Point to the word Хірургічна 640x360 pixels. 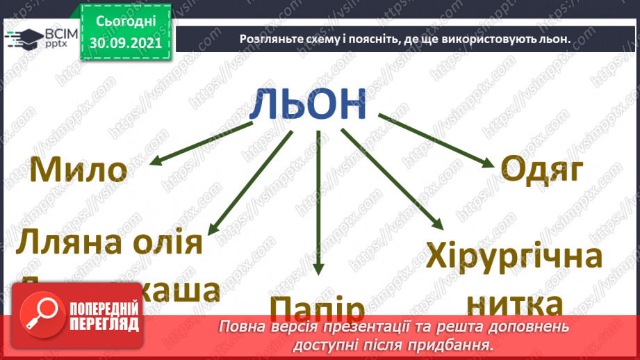coord(514,259)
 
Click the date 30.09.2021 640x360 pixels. coord(125,42)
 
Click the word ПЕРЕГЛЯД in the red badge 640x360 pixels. coord(104,324)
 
